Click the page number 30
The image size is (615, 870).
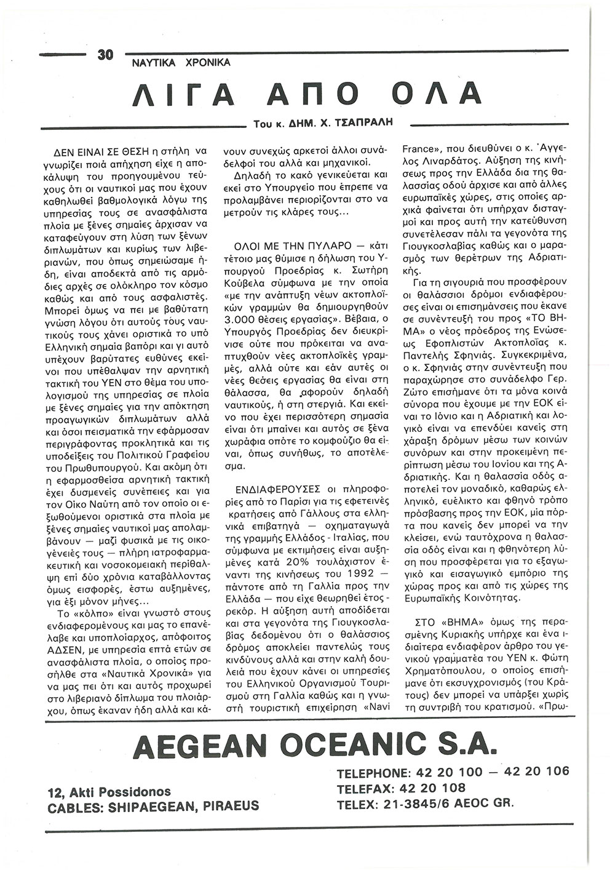105,55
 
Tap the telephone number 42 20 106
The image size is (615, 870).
536,772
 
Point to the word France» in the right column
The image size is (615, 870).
421,148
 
